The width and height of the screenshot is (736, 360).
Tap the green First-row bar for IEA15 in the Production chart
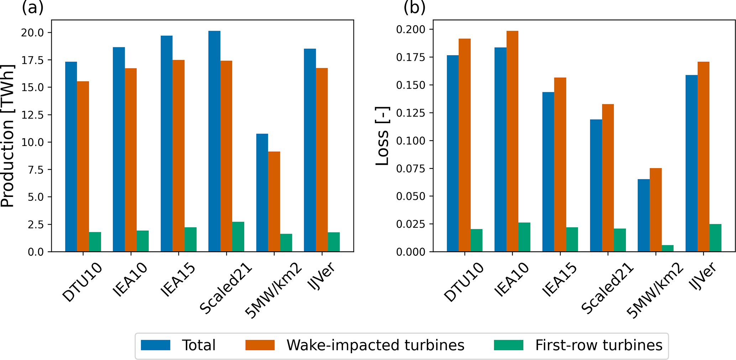[x=190, y=239]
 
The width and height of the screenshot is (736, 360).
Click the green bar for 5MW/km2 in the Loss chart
[x=668, y=248]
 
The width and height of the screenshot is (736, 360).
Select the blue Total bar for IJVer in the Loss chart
[x=691, y=163]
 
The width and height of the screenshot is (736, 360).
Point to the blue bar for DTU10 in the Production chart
[x=71, y=157]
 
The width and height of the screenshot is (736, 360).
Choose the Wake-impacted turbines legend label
[x=375, y=345]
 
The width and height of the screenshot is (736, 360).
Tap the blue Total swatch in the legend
[x=156, y=345]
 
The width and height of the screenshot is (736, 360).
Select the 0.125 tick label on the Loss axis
[x=411, y=113]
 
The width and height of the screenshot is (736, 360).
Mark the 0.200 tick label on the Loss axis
[x=411, y=29]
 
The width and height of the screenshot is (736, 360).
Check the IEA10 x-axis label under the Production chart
[x=130, y=280]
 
